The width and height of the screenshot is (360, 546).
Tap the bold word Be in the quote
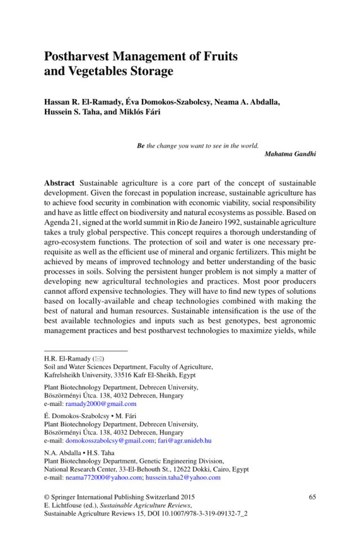tap(141, 145)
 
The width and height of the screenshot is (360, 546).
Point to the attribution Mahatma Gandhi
tap(290, 154)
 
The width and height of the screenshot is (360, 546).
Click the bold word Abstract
tap(60, 184)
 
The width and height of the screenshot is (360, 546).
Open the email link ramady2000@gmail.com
tap(101, 404)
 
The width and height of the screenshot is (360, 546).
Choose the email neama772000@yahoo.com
tap(104, 477)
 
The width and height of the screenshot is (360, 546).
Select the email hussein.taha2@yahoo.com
tap(183, 477)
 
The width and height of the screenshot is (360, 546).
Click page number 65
tap(313, 497)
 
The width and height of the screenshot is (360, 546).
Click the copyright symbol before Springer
tap(47, 497)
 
